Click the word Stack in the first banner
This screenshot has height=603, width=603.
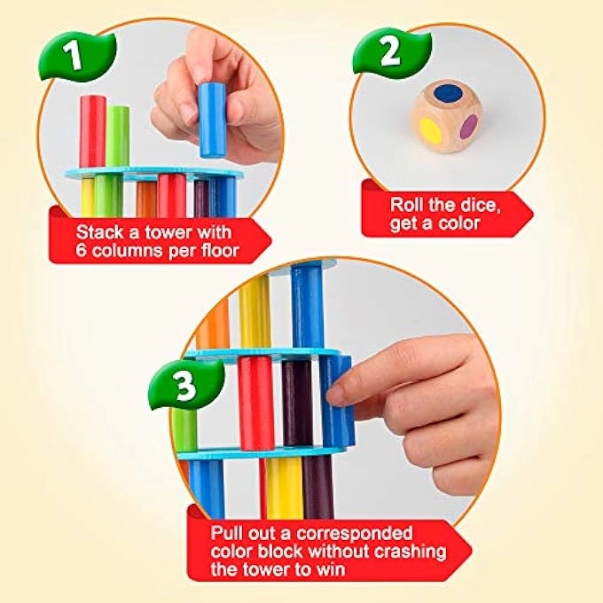[x=98, y=232]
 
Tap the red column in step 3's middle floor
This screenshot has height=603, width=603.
[x=257, y=401]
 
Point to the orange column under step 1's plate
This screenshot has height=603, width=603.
[x=145, y=197]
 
